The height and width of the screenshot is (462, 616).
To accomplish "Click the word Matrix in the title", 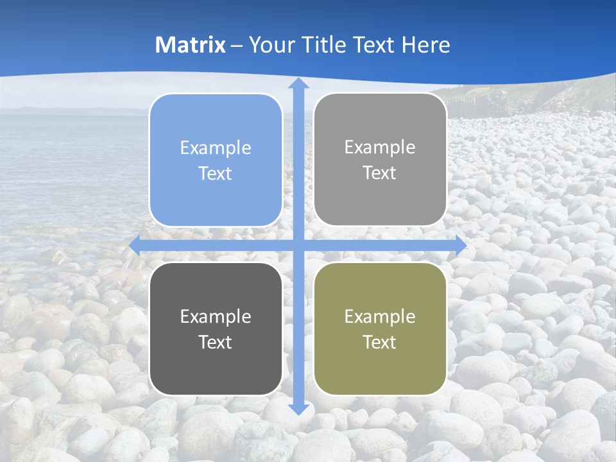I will click(191, 45).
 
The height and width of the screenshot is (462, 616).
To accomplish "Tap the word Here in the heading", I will click(426, 45).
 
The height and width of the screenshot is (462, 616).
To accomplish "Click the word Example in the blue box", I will click(216, 148).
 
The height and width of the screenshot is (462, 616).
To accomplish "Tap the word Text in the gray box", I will click(380, 173).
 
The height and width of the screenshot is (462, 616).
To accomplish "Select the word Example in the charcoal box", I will click(216, 317).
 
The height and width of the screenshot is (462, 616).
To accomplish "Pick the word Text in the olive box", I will click(380, 343).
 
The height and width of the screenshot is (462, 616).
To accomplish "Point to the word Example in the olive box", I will click(380, 317).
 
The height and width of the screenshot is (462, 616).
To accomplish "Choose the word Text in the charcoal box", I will click(216, 343).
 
